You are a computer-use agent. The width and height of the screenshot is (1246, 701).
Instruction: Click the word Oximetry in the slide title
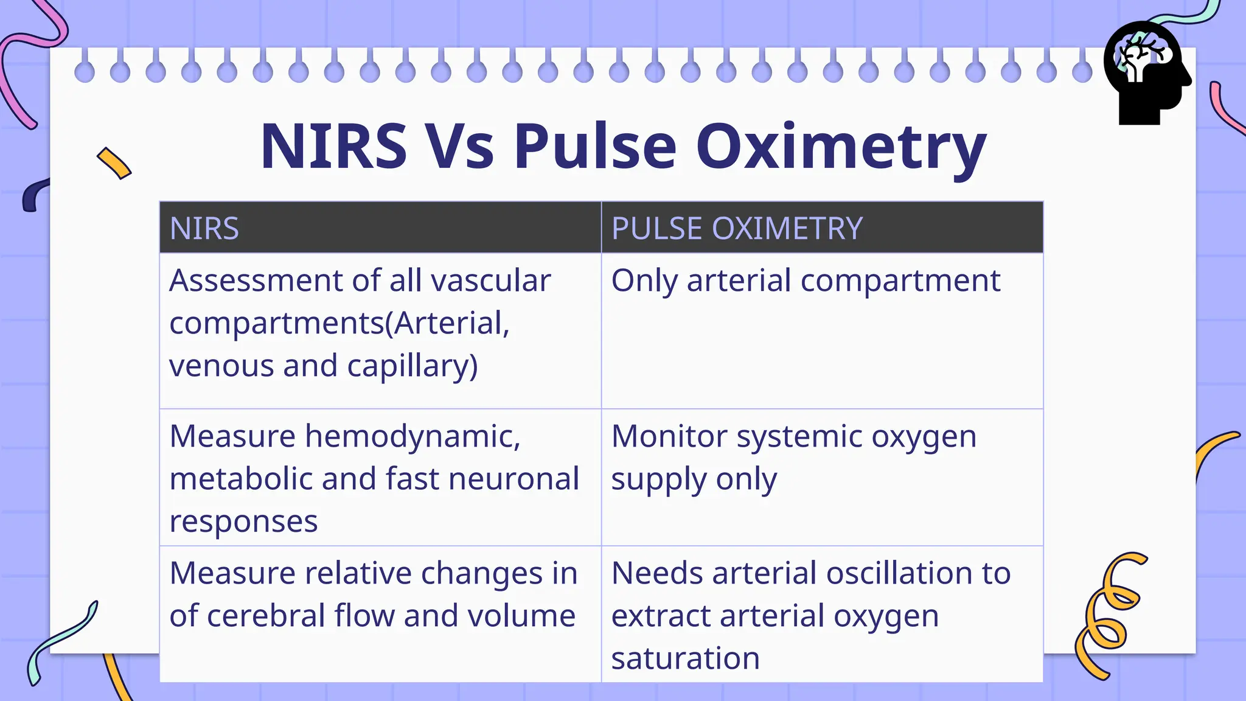click(x=841, y=147)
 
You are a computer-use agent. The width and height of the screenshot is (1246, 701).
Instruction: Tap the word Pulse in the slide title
click(x=595, y=147)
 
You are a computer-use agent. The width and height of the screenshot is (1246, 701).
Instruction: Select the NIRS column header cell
click(x=380, y=228)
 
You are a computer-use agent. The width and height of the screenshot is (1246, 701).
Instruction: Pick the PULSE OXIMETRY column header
click(x=822, y=228)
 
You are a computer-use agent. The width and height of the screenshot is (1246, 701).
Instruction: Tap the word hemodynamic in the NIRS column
click(x=412, y=437)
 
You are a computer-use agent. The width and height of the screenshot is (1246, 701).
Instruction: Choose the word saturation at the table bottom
click(x=686, y=658)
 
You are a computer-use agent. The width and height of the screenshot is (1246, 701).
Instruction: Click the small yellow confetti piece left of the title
click(x=114, y=163)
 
